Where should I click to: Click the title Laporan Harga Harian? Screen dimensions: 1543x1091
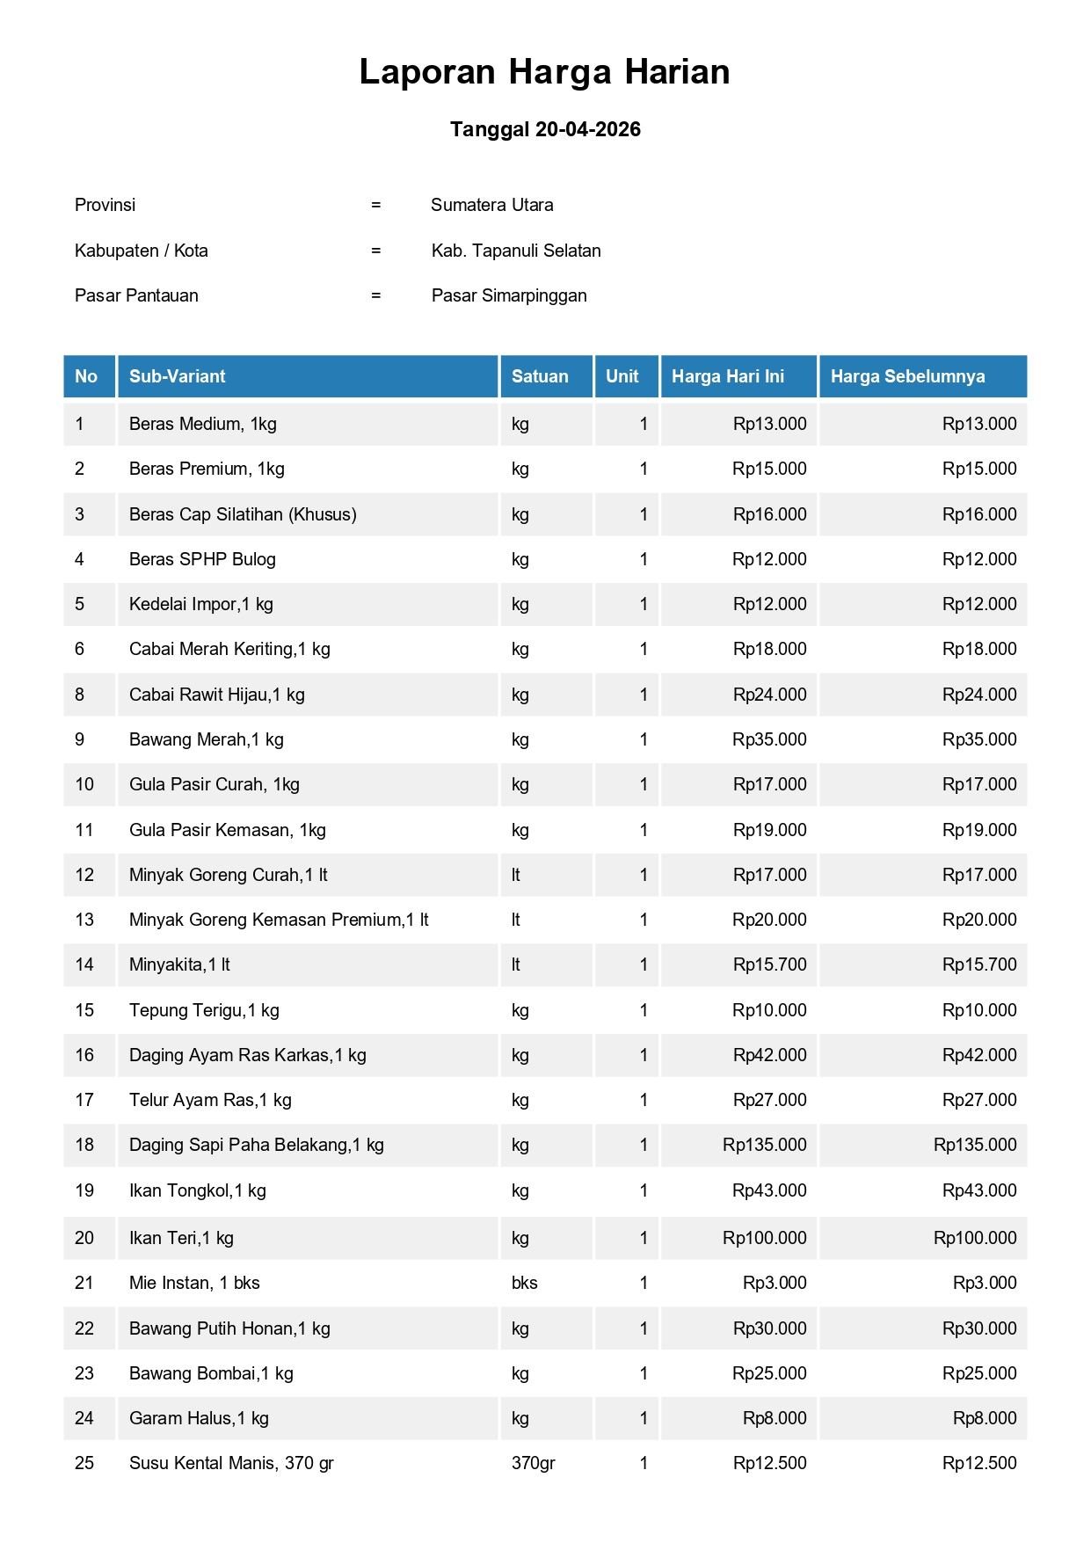click(544, 72)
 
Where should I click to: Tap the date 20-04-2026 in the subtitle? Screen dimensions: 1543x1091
click(587, 129)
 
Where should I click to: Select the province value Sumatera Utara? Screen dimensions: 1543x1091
click(491, 205)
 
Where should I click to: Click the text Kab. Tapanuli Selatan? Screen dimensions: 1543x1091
click(516, 251)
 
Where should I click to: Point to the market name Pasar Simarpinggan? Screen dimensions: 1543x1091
click(509, 295)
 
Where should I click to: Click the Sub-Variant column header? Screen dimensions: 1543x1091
click(177, 376)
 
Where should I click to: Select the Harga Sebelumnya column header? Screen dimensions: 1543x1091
click(907, 376)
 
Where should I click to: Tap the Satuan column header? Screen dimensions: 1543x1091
click(540, 376)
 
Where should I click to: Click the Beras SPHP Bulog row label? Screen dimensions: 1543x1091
click(202, 559)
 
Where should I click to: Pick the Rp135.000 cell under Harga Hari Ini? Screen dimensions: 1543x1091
click(764, 1145)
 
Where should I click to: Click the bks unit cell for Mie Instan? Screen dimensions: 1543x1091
click(524, 1283)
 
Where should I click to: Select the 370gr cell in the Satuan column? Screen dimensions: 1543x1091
click(533, 1463)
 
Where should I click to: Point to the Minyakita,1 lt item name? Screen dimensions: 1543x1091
click(179, 964)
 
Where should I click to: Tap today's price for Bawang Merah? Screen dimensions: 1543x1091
click(769, 739)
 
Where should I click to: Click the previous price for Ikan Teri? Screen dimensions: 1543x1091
click(975, 1238)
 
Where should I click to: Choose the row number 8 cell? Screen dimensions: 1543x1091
click(80, 695)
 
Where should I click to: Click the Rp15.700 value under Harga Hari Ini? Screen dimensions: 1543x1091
click(769, 964)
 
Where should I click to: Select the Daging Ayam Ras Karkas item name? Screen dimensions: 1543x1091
click(247, 1055)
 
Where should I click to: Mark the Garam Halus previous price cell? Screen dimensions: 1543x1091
click(985, 1418)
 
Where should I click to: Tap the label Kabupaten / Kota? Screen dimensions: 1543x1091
click(142, 251)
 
